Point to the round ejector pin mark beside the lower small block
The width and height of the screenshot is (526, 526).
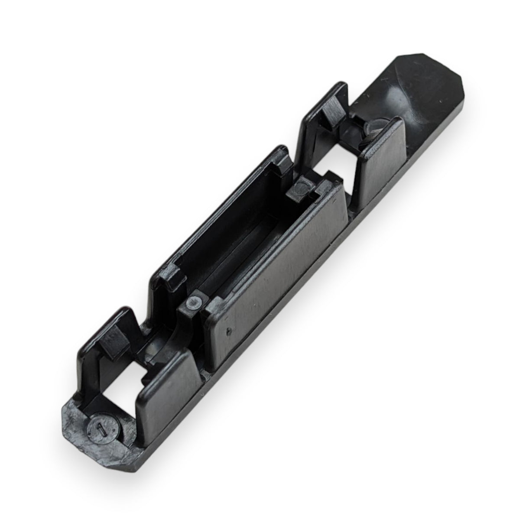point(195,303)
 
